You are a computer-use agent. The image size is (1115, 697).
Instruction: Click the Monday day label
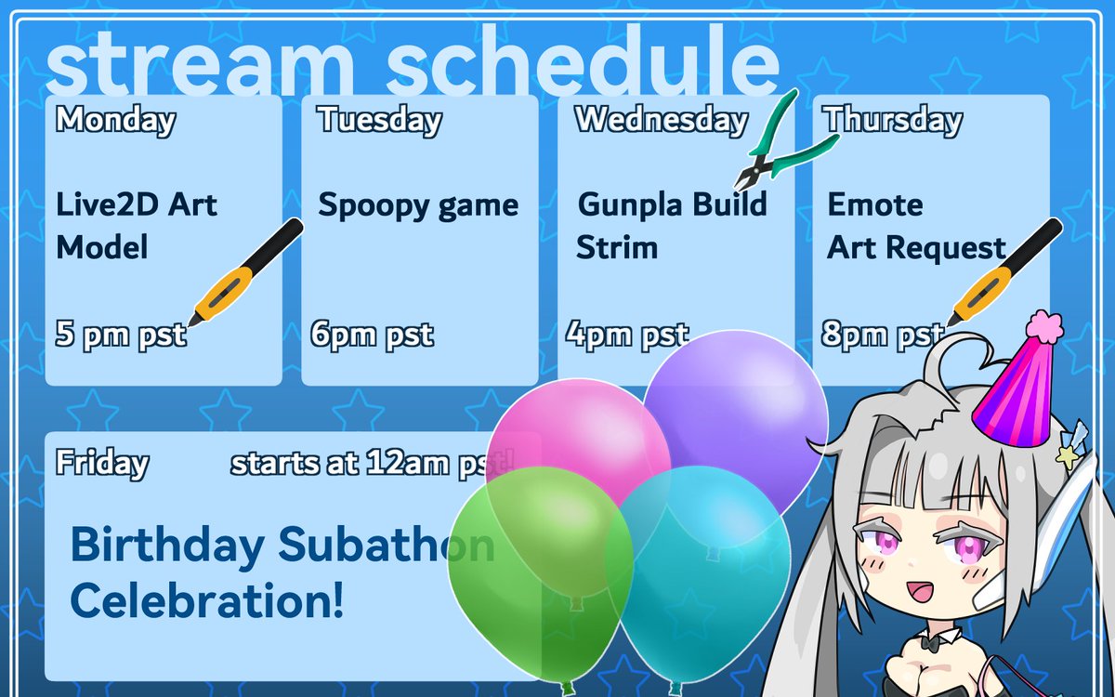115,121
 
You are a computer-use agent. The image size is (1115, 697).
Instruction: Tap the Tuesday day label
379,121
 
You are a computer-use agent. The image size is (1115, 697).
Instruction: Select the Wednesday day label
661,121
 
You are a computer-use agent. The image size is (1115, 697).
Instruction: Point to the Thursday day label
892,121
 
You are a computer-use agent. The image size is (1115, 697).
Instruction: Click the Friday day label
101,463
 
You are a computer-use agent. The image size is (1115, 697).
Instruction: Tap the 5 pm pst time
121,335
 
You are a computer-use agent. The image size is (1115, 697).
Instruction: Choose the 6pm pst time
372,335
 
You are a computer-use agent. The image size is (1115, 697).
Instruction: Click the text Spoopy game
418,205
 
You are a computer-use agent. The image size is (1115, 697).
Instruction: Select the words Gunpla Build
672,204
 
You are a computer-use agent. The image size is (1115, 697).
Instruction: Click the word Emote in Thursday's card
875,204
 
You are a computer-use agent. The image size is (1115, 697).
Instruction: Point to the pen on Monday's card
246,272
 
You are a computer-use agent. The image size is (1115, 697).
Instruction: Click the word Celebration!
206,601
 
